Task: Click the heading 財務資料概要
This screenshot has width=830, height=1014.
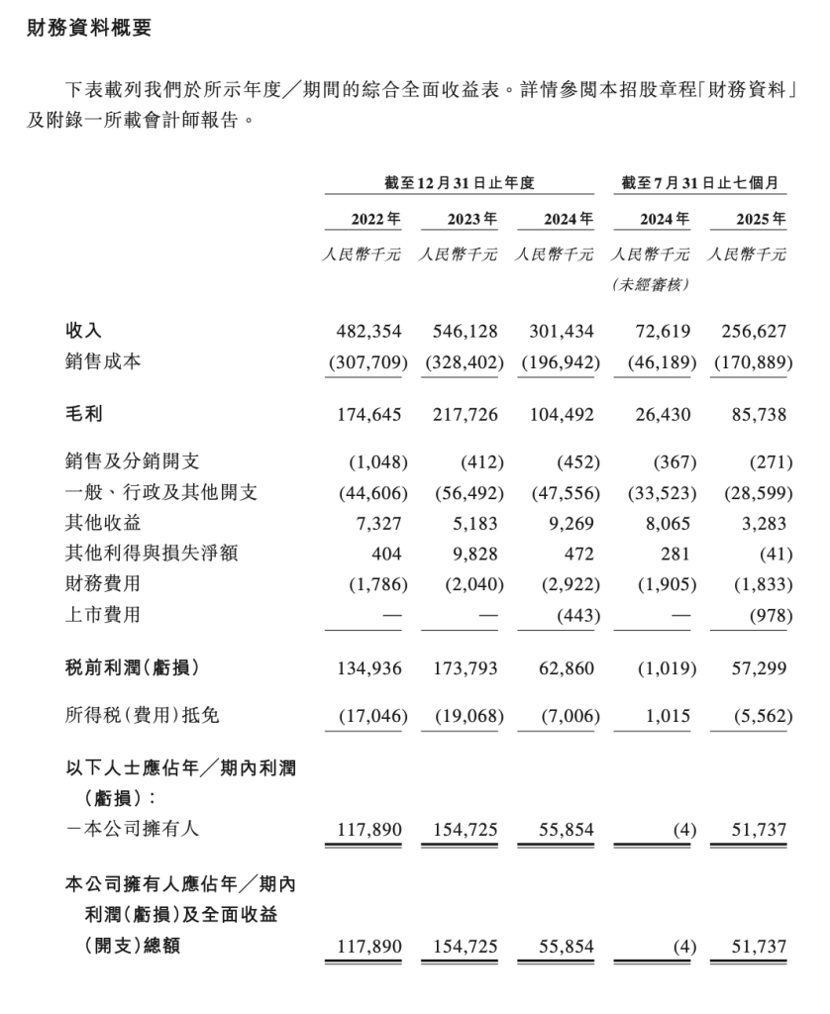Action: (x=89, y=30)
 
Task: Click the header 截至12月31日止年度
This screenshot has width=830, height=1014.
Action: (x=461, y=183)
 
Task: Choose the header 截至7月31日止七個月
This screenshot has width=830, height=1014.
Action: (x=701, y=183)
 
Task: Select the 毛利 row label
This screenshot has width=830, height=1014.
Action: (x=83, y=415)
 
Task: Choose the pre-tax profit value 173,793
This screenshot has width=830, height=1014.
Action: (x=463, y=669)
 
